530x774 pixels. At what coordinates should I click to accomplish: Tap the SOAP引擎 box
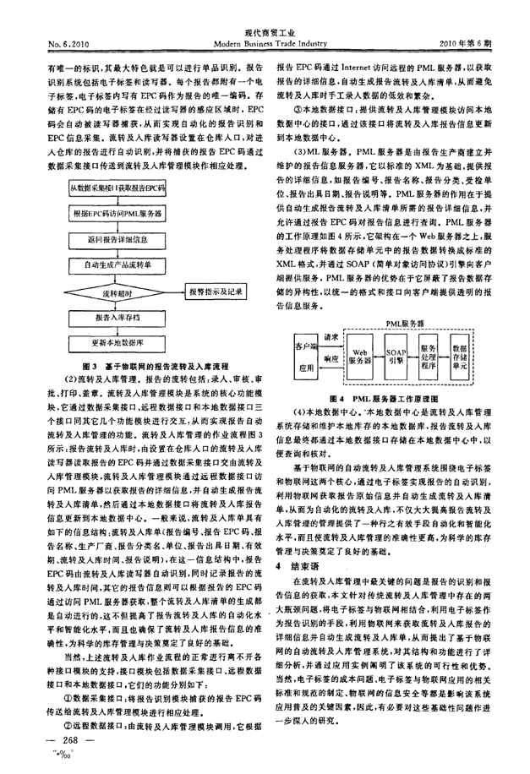[x=395, y=355]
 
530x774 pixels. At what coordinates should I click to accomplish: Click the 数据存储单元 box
[x=462, y=355]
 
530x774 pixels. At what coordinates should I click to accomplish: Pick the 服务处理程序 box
[x=428, y=355]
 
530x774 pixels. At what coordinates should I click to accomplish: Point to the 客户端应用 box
[x=304, y=356]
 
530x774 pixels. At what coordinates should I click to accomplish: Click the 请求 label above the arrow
[x=331, y=336]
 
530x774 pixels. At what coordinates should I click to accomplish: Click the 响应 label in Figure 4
[x=331, y=359]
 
